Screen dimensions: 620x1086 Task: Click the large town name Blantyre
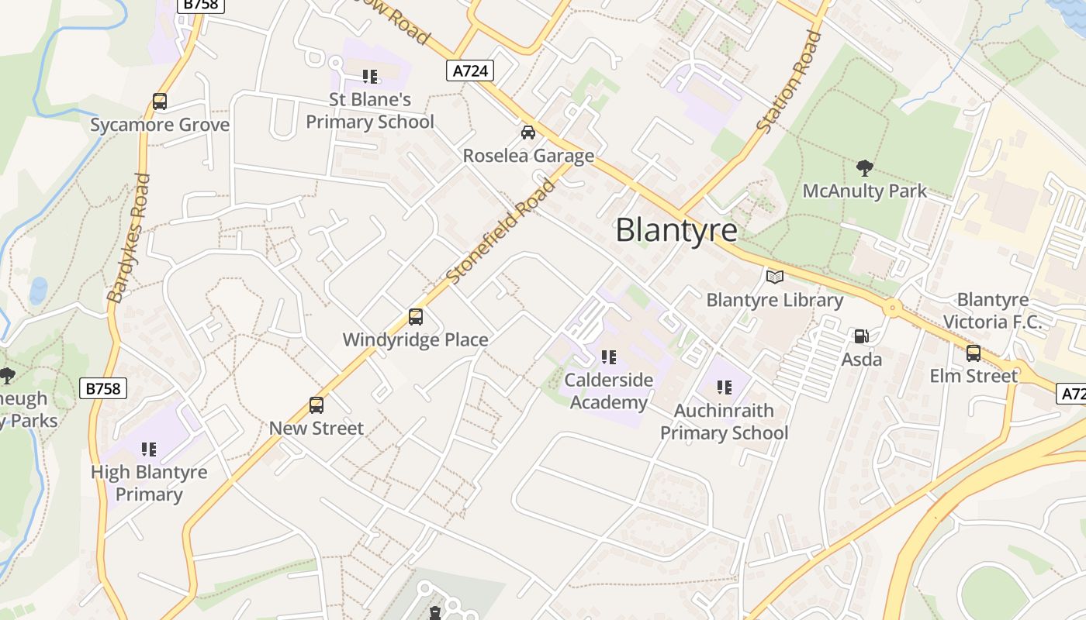point(676,230)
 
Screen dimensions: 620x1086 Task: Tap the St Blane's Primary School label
point(370,111)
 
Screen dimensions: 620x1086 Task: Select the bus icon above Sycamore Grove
point(160,102)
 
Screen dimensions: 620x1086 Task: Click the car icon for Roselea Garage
point(528,133)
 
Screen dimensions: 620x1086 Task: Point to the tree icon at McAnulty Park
point(864,167)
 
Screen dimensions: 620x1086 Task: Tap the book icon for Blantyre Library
point(774,277)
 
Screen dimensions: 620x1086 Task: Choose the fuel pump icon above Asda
point(861,336)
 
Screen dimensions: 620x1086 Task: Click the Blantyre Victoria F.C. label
point(992,311)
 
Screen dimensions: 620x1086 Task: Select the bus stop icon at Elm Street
point(974,353)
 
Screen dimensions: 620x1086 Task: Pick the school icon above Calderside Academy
point(609,357)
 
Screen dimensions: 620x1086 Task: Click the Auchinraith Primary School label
point(724,422)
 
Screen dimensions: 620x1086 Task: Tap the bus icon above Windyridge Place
point(416,317)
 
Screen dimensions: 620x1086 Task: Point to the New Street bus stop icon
point(316,405)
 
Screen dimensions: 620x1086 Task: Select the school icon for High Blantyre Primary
point(149,449)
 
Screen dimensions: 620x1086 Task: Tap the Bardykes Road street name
point(129,237)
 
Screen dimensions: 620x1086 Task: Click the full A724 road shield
point(470,71)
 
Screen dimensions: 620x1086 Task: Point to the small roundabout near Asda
point(892,308)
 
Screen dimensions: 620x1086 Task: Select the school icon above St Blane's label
point(370,76)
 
